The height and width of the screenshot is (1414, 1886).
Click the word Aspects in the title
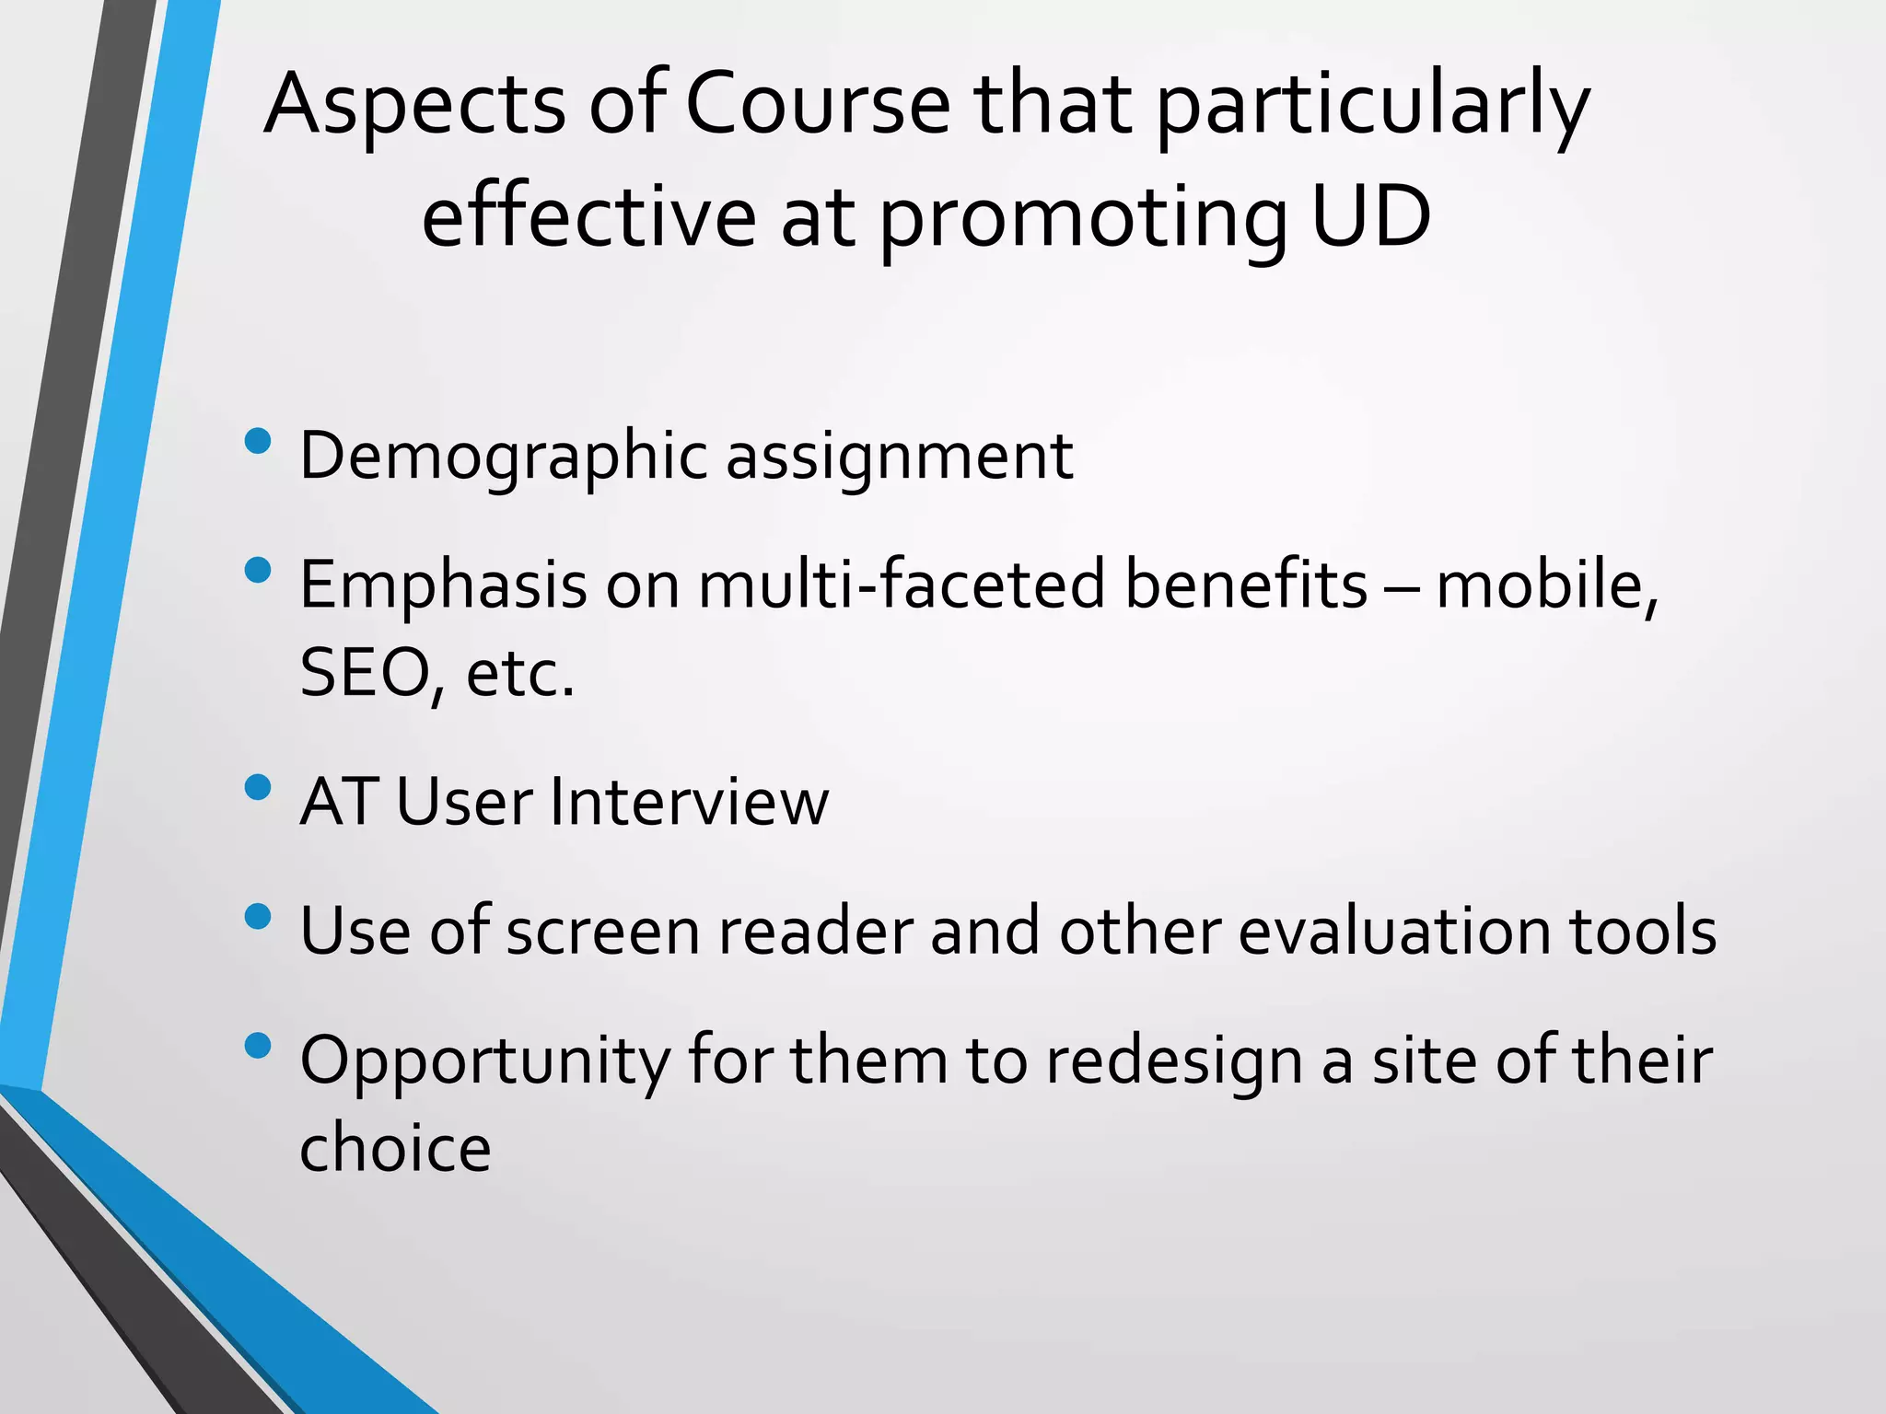click(x=414, y=106)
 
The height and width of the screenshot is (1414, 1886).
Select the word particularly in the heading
click(x=1372, y=109)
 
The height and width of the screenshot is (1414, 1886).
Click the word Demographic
click(x=503, y=457)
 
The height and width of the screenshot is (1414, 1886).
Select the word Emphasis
click(x=443, y=586)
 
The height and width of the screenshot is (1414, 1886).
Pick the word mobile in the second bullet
click(x=1544, y=585)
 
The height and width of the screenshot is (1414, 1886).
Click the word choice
click(x=395, y=1149)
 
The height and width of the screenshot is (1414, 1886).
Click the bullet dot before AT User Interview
click(x=259, y=788)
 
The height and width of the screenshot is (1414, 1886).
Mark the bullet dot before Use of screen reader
click(x=259, y=917)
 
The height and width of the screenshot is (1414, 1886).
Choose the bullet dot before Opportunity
click(x=259, y=1046)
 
